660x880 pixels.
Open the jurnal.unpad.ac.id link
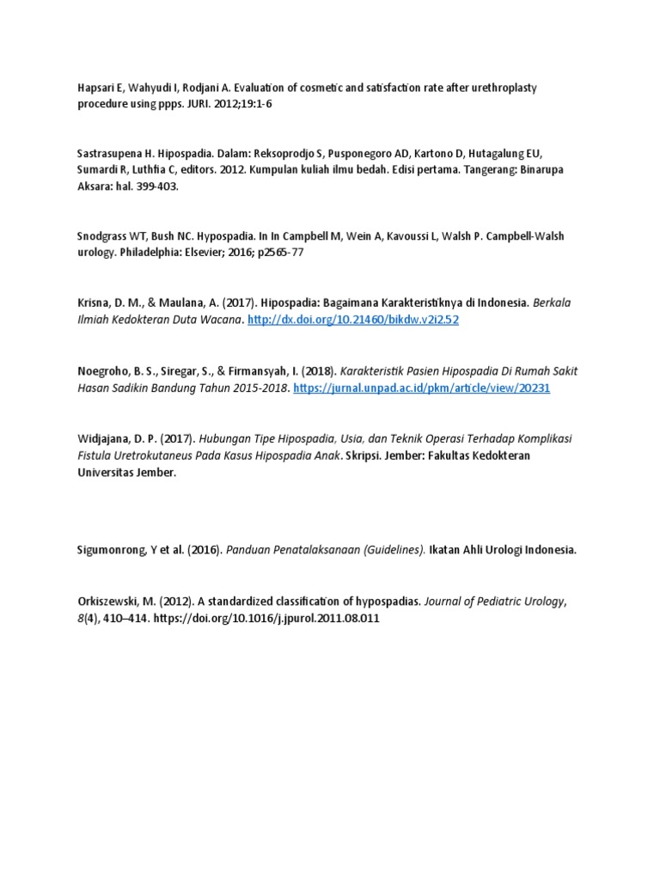point(421,388)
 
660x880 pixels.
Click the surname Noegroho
point(102,371)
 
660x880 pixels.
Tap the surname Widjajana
point(103,438)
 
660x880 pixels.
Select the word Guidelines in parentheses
point(394,550)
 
